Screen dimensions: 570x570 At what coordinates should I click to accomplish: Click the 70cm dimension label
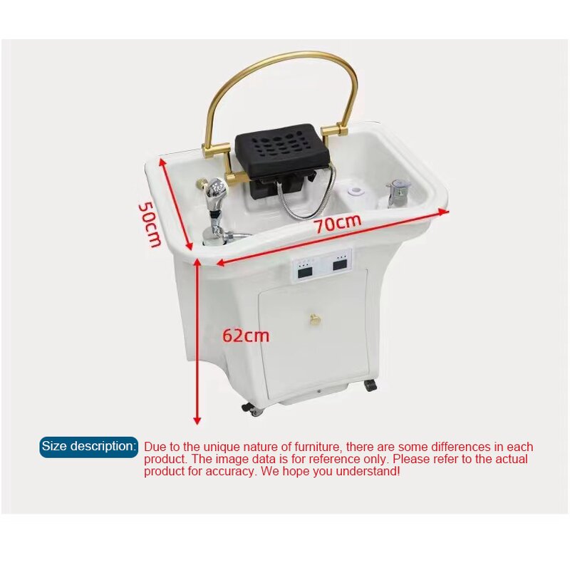click(x=338, y=223)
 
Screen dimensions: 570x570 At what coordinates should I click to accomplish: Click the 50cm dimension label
click(x=150, y=224)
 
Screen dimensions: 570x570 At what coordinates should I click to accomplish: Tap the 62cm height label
click(x=246, y=335)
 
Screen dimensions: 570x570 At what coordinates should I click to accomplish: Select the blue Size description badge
click(x=88, y=447)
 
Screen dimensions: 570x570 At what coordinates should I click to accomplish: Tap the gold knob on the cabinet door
click(x=313, y=319)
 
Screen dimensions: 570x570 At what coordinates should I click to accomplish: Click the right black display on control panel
click(x=340, y=265)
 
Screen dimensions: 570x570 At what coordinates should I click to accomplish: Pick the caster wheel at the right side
click(x=370, y=385)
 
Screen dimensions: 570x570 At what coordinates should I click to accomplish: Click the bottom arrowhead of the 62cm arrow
click(x=197, y=420)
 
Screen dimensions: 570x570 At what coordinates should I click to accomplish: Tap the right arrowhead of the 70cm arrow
click(x=444, y=212)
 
